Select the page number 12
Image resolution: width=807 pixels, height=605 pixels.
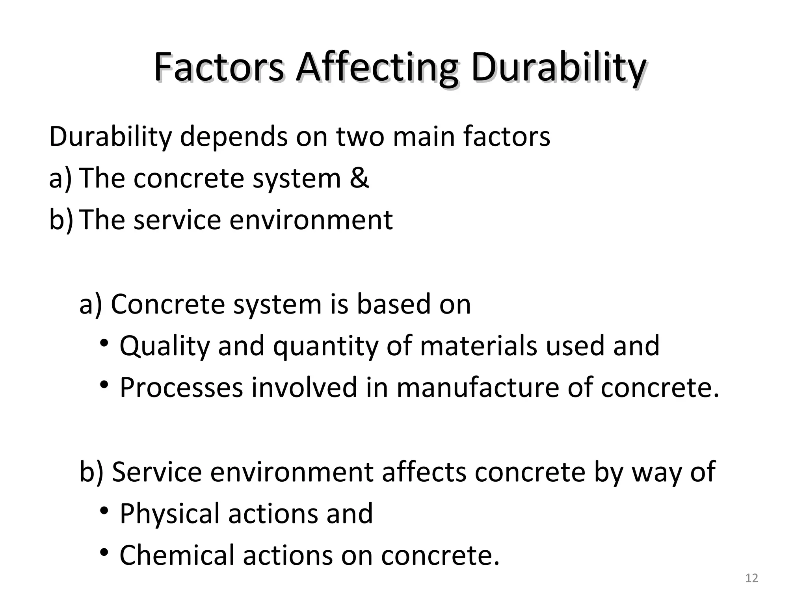[x=752, y=578]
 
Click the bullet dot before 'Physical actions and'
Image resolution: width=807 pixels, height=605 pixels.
[x=104, y=511]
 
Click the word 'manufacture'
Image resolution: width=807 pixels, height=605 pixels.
[x=477, y=388]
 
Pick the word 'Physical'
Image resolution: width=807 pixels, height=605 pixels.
[x=169, y=514]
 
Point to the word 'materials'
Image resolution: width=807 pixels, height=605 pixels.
[x=478, y=346]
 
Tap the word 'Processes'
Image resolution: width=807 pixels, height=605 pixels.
[x=181, y=388]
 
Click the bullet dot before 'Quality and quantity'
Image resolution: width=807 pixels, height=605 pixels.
[x=104, y=343]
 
